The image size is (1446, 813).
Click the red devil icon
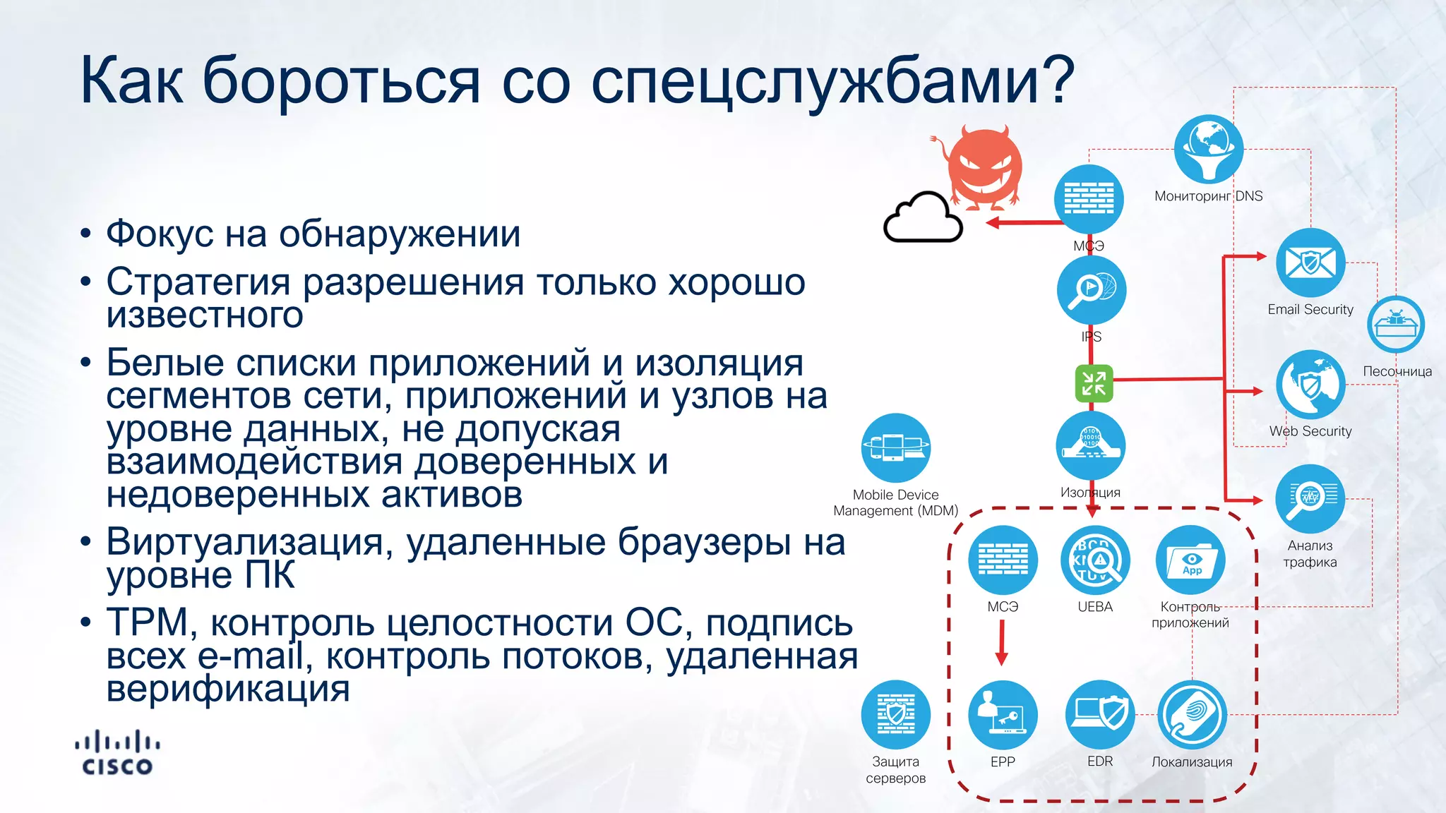tap(984, 168)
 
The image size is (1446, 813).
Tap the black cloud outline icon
tap(923, 218)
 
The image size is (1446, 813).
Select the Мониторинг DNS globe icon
tap(1208, 150)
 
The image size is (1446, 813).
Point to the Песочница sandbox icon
tap(1396, 325)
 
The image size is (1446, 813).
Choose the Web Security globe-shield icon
tap(1310, 385)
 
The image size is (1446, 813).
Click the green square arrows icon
tap(1094, 383)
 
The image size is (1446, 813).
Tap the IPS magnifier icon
tap(1092, 290)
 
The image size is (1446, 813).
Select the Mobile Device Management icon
tap(895, 448)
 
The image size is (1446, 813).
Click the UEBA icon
tap(1095, 560)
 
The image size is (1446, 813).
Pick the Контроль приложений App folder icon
tap(1191, 560)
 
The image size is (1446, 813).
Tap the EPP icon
tap(1003, 715)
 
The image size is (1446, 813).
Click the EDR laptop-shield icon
tap(1100, 715)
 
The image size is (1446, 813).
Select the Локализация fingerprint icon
tap(1192, 715)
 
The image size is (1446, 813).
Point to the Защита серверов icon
tap(895, 715)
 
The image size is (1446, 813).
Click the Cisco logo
tap(117, 754)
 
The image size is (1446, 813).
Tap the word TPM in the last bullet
tap(147, 622)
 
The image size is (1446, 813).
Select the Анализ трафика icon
tap(1310, 499)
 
